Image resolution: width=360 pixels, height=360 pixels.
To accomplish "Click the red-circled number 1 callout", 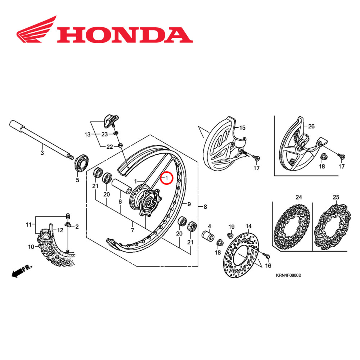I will [167, 178].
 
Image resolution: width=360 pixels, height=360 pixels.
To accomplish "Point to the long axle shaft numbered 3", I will [40, 141].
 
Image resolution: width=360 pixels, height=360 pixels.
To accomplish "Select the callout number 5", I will [77, 180].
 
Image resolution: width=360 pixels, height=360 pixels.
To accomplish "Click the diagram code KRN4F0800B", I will [288, 275].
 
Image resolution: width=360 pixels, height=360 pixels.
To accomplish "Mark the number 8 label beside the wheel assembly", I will [205, 207].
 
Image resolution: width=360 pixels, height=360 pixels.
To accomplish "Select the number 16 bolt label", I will [268, 266].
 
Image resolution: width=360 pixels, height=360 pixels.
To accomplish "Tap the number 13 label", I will [87, 135].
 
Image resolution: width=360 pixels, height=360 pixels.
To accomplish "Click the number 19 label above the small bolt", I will [231, 226].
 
